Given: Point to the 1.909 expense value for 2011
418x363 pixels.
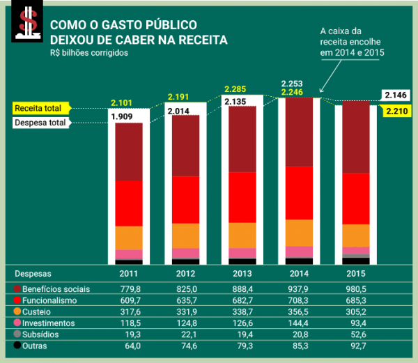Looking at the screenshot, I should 123,116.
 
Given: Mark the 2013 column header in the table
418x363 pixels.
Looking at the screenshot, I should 242,274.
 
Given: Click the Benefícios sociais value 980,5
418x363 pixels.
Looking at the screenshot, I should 356,288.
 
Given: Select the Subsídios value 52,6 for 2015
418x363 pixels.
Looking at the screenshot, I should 356,334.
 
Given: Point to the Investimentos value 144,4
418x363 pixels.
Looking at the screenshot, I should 299,323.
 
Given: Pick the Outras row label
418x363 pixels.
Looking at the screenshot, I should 35,346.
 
